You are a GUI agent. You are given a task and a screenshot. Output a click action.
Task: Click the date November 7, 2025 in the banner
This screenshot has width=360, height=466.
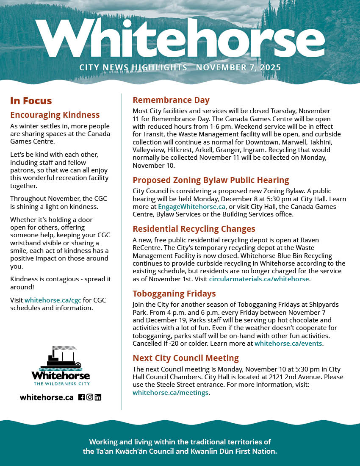[238, 68]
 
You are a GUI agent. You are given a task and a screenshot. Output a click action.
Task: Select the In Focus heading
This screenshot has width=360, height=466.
[31, 101]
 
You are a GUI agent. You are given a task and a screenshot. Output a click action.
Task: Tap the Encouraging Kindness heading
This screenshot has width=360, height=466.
[55, 115]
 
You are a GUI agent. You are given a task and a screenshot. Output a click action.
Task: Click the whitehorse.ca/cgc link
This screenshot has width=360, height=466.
[53, 300]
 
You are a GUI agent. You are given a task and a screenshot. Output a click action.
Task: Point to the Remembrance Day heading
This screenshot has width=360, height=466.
[171, 100]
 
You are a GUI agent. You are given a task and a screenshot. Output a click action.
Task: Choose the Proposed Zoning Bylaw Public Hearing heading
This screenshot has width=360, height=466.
[210, 180]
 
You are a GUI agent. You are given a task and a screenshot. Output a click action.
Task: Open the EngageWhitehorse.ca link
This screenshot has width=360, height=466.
[191, 207]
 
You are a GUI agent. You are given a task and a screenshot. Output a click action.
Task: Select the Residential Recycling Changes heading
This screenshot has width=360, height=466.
[194, 229]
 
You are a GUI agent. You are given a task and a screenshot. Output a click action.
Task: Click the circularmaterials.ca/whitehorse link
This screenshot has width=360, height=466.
[259, 279]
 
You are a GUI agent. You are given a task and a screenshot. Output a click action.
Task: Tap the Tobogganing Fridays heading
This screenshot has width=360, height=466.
[174, 294]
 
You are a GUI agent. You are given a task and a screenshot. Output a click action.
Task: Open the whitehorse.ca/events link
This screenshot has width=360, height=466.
[288, 344]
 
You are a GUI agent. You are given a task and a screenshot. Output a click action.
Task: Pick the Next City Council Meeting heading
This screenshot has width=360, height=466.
[186, 358]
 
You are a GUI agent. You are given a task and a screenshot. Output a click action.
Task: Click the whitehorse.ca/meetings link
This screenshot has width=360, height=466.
[170, 393]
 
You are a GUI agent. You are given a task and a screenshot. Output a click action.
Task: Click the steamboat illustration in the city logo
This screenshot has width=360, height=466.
[60, 358]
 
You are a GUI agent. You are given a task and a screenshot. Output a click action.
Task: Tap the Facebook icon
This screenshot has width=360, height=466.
[82, 397]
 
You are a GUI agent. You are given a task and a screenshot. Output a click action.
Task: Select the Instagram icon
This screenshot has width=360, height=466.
[90, 397]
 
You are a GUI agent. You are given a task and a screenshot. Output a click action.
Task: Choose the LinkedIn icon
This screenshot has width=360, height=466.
[98, 397]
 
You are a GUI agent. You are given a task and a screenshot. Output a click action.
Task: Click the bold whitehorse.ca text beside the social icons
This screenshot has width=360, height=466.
[47, 397]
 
